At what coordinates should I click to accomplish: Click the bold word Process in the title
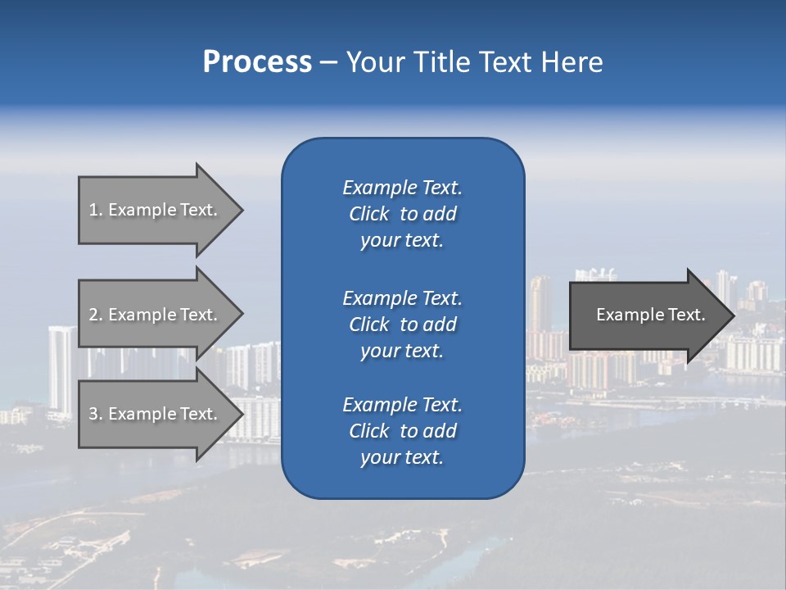click(x=257, y=62)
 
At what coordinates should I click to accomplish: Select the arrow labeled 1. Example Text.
click(x=156, y=210)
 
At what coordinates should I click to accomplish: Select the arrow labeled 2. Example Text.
click(x=156, y=315)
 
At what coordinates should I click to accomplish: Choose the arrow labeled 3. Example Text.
click(x=156, y=414)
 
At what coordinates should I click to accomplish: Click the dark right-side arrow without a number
click(x=650, y=315)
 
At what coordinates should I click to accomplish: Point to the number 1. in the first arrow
click(x=95, y=210)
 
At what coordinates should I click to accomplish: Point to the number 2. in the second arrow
click(x=95, y=315)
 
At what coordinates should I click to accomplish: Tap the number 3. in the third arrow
click(x=95, y=414)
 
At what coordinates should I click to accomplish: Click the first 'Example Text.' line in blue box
click(x=402, y=188)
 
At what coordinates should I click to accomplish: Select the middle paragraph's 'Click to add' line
click(x=402, y=324)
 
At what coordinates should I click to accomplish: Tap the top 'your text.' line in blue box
click(x=402, y=241)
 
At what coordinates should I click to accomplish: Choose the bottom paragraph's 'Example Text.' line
click(x=402, y=405)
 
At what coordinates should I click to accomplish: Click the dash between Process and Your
click(x=328, y=63)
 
